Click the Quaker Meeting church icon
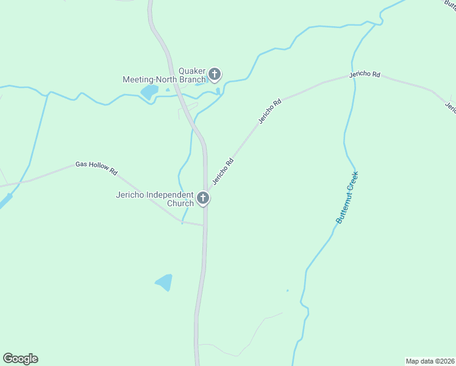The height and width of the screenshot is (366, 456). click(x=214, y=74)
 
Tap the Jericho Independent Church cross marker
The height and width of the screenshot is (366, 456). click(x=203, y=198)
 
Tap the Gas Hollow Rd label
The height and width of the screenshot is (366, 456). click(x=96, y=168)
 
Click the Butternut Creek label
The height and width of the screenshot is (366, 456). click(x=347, y=197)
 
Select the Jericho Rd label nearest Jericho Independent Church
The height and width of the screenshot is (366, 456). click(x=223, y=172)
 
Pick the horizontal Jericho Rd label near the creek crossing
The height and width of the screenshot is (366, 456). click(x=365, y=74)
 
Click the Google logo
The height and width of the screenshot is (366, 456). click(x=20, y=359)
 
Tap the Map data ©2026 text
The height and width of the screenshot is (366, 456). click(x=430, y=361)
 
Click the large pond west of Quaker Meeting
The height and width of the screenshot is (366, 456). click(x=149, y=92)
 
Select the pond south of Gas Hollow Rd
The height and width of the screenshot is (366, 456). click(x=165, y=282)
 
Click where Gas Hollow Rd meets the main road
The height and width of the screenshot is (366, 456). click(x=203, y=225)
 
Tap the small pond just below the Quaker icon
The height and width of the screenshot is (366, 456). click(x=218, y=91)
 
